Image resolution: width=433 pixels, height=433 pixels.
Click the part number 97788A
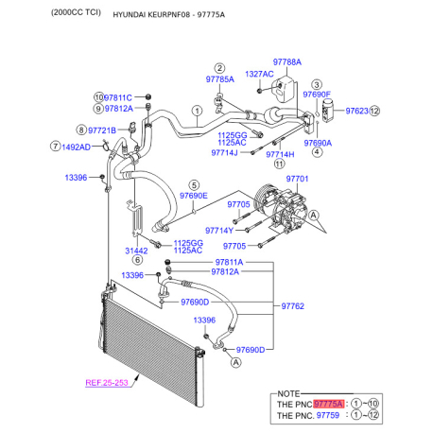point(286,62)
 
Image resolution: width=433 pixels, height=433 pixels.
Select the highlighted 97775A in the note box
point(329,404)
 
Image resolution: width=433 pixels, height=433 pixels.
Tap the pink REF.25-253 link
point(107,383)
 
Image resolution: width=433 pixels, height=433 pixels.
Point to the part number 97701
point(297,179)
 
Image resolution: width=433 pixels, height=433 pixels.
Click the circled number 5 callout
point(194,185)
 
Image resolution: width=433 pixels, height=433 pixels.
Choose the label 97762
point(293,306)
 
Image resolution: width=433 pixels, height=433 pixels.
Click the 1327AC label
point(259,74)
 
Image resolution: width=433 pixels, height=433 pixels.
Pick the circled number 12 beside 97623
point(374,111)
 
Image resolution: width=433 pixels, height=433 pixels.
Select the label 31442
point(136,251)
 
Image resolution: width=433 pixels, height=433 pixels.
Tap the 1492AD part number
point(76,147)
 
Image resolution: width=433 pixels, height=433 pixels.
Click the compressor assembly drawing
point(281,208)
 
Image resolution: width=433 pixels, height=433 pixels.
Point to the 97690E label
point(194,196)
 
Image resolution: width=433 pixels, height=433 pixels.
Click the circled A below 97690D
point(235,363)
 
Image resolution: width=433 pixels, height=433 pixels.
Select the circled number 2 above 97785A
point(219,68)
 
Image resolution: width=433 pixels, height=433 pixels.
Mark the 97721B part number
point(102,130)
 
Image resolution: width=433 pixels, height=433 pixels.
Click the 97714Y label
point(219,231)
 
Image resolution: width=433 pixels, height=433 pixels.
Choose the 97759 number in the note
point(328,415)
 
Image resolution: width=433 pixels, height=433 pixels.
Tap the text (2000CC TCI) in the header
point(76,12)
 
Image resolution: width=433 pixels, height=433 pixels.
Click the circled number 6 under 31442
point(138,260)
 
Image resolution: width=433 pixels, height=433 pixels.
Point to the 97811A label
point(229,262)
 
